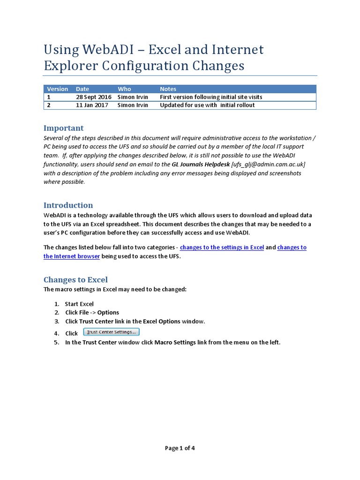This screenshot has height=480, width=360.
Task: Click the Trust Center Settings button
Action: [112, 332]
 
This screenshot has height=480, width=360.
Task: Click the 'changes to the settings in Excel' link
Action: [222, 247]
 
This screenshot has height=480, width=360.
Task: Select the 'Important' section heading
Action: [63, 128]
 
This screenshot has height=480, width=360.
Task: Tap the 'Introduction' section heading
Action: [68, 205]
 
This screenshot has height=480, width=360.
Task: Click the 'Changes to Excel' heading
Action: [75, 280]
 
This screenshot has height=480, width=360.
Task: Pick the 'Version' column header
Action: [57, 89]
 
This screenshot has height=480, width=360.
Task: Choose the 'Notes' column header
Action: [168, 89]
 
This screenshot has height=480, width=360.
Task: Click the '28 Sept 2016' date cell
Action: [93, 97]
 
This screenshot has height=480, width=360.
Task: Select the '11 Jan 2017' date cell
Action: [92, 105]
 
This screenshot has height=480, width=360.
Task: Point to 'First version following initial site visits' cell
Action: [211, 97]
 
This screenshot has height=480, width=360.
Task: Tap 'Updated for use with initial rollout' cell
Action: [207, 105]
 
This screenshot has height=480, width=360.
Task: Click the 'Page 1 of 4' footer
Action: [180, 448]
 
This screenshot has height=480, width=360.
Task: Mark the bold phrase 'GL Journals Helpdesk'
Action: [201, 164]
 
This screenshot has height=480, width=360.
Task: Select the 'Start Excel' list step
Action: [79, 304]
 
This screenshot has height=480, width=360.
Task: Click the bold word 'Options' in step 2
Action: [108, 312]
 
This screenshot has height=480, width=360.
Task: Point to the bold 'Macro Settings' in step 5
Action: [175, 342]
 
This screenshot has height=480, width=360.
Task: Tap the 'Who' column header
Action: [124, 89]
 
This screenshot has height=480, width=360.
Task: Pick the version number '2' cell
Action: [48, 105]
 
